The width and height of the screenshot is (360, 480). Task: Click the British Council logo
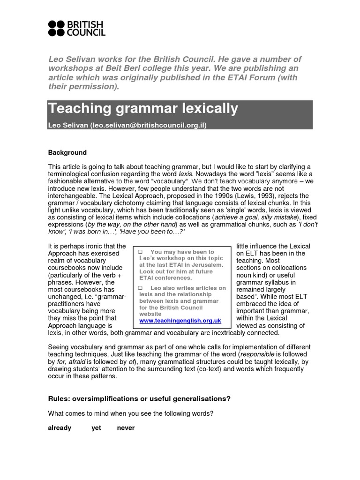(76, 29)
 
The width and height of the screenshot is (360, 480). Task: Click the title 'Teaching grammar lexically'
(143, 109)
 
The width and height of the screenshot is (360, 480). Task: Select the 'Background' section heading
(67, 152)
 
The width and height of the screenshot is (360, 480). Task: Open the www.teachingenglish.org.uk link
(180, 321)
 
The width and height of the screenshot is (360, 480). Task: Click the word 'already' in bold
(60, 428)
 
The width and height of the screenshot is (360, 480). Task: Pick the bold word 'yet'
(96, 428)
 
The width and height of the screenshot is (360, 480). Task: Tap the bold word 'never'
(126, 428)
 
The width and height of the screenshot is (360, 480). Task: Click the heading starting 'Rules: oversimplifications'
(139, 399)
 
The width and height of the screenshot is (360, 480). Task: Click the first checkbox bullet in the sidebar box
(140, 252)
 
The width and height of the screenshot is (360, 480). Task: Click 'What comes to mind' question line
(131, 413)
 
